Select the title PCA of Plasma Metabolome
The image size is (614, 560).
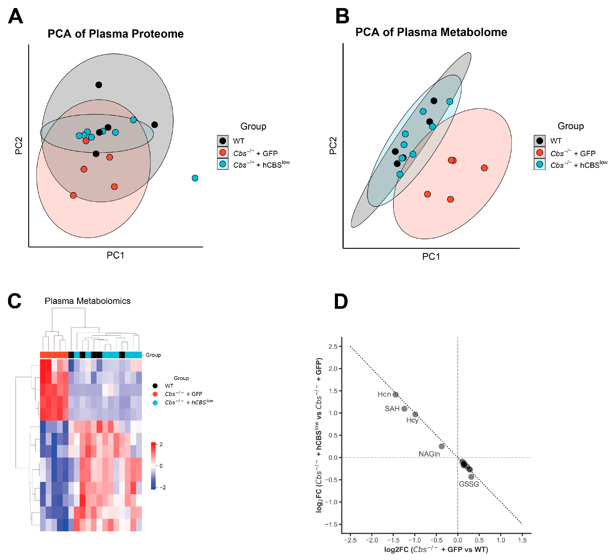click(431, 32)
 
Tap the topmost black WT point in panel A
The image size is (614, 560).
click(99, 85)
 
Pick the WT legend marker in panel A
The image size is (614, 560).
click(223, 141)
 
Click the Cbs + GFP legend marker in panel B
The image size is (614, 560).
click(540, 153)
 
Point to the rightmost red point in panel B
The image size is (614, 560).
click(484, 168)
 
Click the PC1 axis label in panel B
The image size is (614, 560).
click(431, 257)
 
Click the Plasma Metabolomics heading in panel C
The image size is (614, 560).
click(88, 301)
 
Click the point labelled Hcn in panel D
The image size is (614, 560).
click(395, 395)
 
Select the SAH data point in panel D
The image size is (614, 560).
click(404, 409)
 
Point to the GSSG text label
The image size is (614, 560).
click(469, 484)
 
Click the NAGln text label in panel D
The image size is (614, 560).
click(429, 454)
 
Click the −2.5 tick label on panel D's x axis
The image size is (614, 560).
click(350, 540)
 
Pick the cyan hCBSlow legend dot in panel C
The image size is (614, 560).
click(155, 403)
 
